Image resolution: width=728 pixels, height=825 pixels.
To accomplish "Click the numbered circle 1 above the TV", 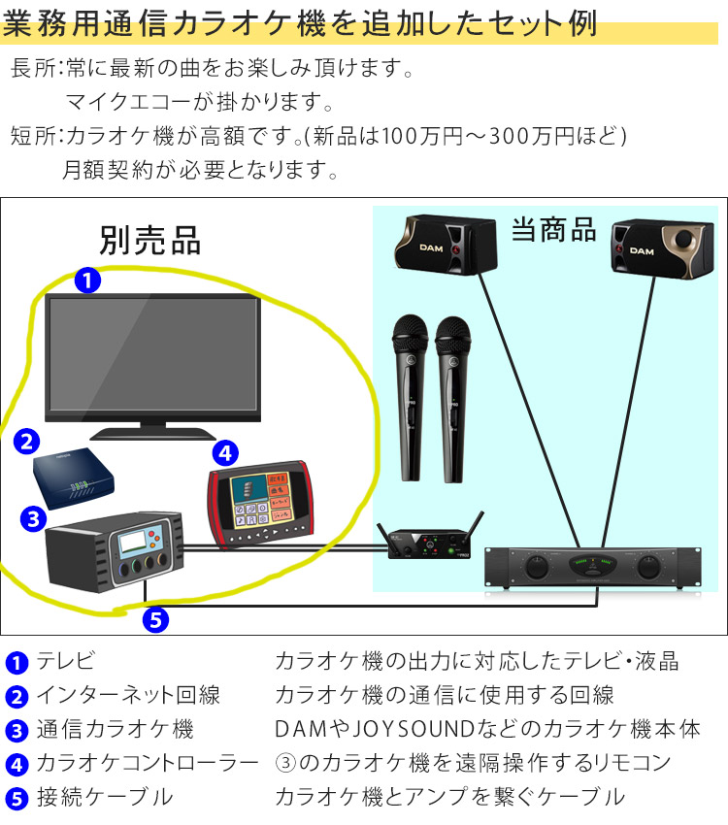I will pos(87,280).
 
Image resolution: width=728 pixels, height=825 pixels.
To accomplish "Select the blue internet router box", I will pos(73,475).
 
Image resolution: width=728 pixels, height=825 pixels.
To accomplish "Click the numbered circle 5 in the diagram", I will pos(155,617).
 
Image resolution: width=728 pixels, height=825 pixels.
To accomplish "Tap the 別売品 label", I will pos(149,238).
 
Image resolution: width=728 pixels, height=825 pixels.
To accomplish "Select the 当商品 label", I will pos(553,230).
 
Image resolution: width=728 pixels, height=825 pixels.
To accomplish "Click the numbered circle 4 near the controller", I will pos(224,451).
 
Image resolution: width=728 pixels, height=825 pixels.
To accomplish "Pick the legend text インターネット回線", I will pos(128,695).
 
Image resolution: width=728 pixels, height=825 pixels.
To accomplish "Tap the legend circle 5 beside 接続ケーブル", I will pos(17,799).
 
